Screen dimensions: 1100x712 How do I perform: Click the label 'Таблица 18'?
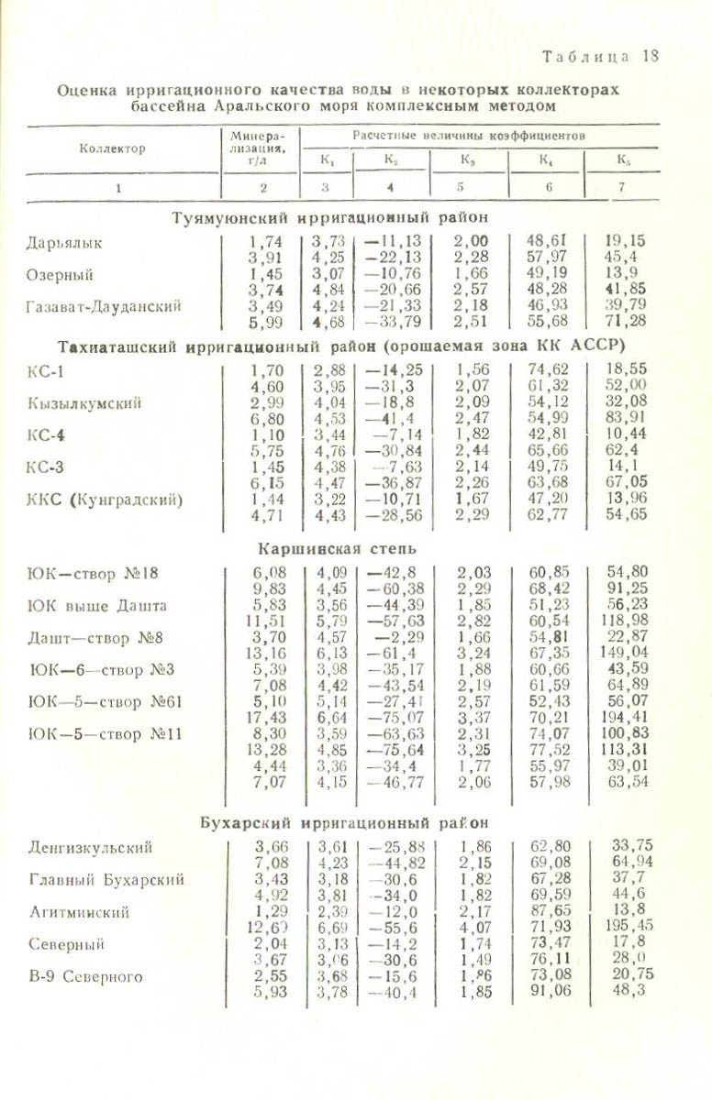tap(600, 56)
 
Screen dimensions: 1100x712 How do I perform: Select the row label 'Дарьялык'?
tap(64, 243)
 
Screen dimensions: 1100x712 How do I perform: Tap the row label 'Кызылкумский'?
tap(84, 403)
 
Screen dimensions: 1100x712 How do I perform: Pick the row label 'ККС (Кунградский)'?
tap(105, 500)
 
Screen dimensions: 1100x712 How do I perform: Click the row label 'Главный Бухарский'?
tap(106, 880)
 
